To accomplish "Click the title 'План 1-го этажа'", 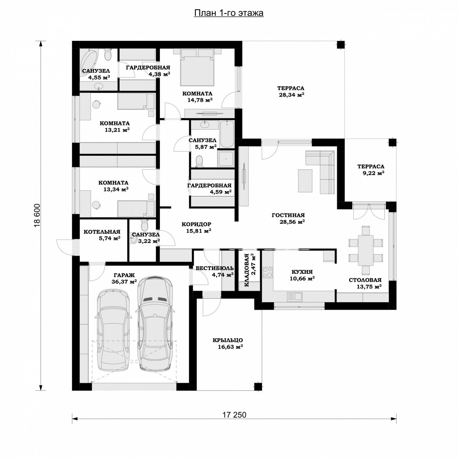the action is [229, 13].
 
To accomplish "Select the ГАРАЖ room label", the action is [124, 275].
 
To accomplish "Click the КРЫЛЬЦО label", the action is [228, 340].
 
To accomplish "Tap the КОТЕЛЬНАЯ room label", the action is [102, 232].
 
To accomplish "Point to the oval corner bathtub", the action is [88, 61].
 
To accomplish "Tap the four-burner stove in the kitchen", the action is [268, 272].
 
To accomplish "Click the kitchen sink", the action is [295, 296].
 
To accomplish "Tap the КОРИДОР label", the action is [196, 224].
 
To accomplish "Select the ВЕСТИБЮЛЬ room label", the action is [215, 268].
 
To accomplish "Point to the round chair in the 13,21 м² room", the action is [97, 104].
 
